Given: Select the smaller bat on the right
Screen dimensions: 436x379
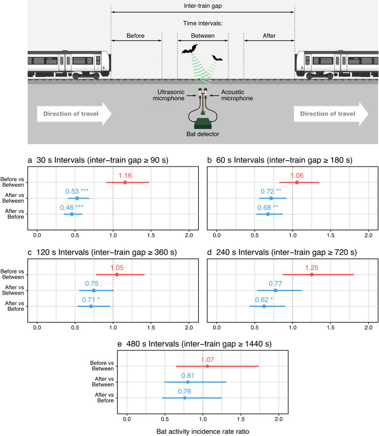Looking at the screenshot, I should [x=217, y=58].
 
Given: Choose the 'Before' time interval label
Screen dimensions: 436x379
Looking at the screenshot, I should [x=136, y=36].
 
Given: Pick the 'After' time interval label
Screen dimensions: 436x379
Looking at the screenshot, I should [x=269, y=36].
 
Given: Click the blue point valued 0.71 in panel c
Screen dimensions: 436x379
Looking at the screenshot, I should [x=91, y=306].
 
